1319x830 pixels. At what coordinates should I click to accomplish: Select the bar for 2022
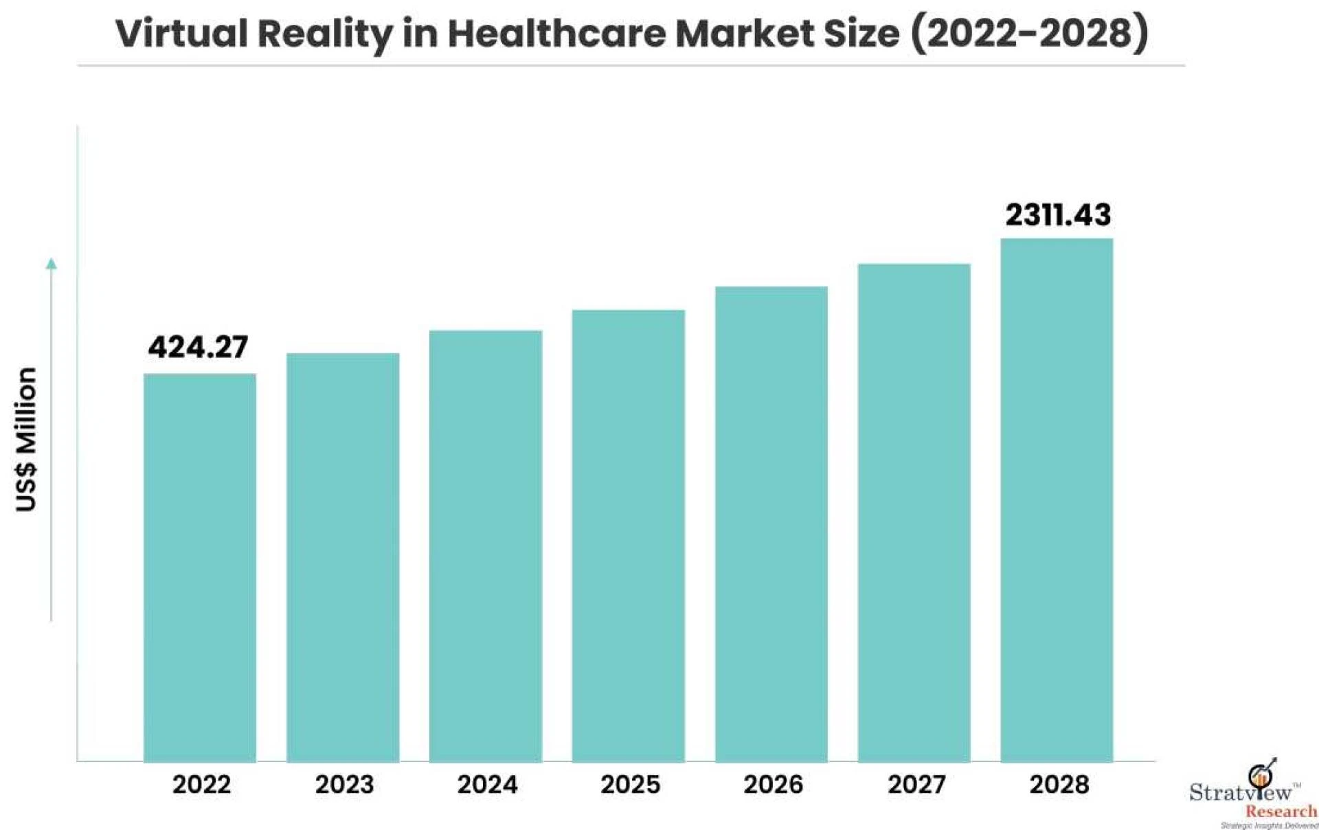point(199,568)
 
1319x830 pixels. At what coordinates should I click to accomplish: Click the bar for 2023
point(343,557)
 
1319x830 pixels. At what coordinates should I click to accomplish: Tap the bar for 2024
point(486,546)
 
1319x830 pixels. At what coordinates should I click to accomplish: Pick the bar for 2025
point(628,536)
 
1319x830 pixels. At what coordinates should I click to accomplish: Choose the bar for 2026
point(771,524)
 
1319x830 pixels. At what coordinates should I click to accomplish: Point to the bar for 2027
point(914,513)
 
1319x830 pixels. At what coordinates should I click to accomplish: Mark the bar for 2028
point(1057,500)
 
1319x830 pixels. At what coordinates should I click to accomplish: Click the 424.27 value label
point(198,347)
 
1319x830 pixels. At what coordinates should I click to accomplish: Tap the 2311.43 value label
point(1058,215)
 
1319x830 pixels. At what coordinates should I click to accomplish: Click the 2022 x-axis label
point(201,785)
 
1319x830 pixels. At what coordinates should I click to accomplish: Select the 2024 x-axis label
point(487,785)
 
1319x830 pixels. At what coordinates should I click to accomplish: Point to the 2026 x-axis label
point(773,785)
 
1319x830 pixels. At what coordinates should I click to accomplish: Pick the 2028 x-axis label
point(1059,785)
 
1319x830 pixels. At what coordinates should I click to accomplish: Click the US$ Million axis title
point(26,440)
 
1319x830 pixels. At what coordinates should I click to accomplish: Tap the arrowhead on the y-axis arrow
point(52,263)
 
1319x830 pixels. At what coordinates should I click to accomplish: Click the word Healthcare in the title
point(556,34)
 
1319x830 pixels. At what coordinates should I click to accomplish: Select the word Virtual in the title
point(181,34)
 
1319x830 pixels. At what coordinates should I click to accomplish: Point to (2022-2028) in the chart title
point(1029,34)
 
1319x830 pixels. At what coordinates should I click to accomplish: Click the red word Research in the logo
point(1281,811)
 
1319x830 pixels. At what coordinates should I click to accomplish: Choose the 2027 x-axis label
point(916,785)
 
